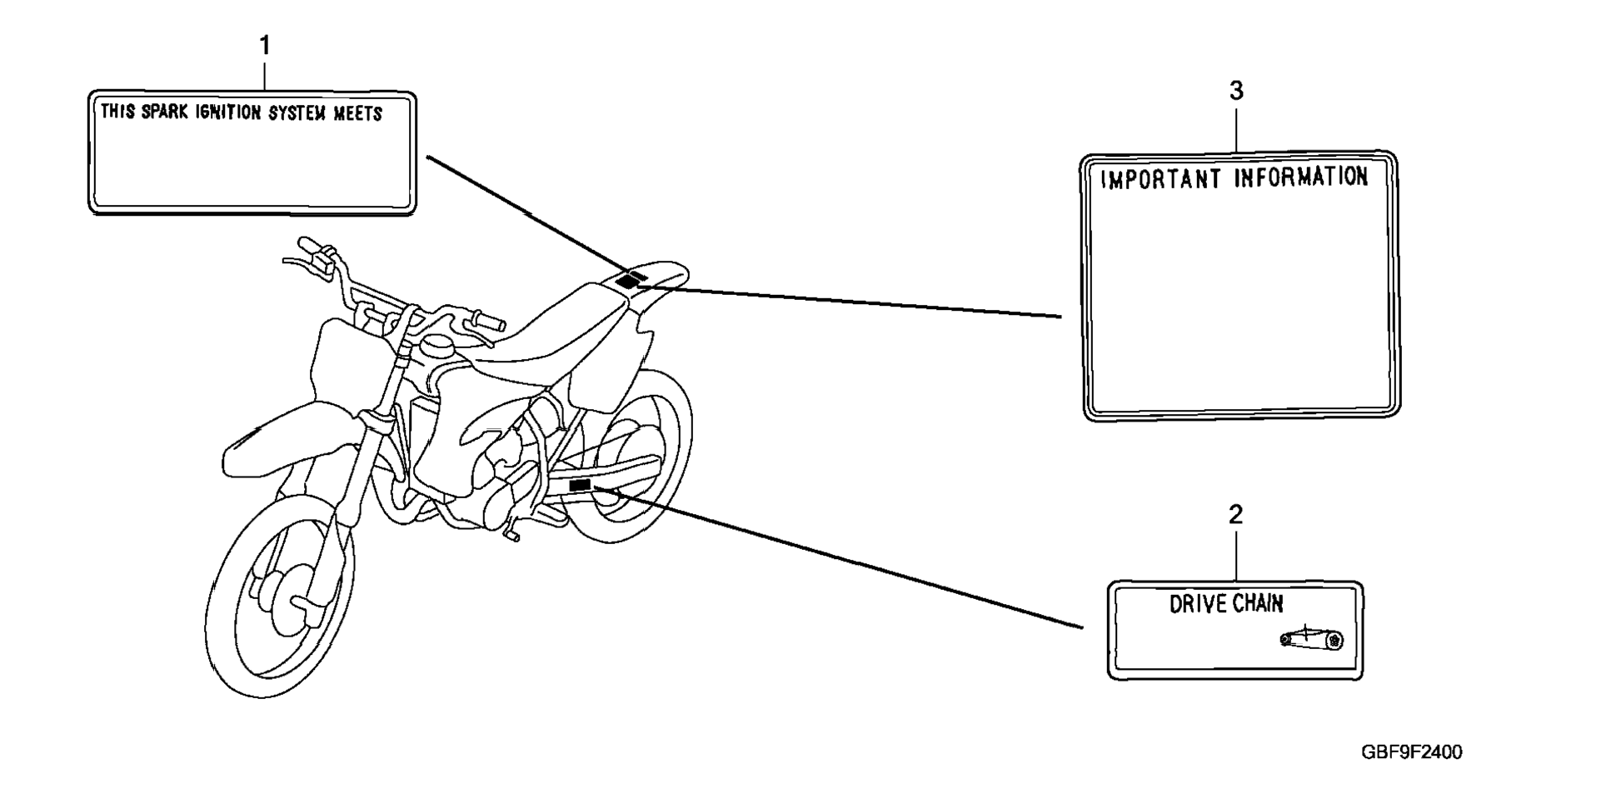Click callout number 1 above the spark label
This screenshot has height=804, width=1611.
point(265,46)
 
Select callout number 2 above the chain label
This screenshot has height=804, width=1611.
point(1235,515)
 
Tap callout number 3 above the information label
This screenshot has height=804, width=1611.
point(1236,91)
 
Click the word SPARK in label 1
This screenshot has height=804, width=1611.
point(164,112)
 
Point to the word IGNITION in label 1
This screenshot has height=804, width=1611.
point(228,112)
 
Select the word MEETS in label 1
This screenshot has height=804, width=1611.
point(357,114)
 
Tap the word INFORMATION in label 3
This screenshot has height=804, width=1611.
point(1300,177)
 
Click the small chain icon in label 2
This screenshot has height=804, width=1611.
point(1311,639)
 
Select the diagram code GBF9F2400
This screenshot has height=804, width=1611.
point(1411,752)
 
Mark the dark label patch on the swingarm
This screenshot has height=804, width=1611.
point(579,485)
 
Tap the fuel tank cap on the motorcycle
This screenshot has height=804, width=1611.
point(436,342)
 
